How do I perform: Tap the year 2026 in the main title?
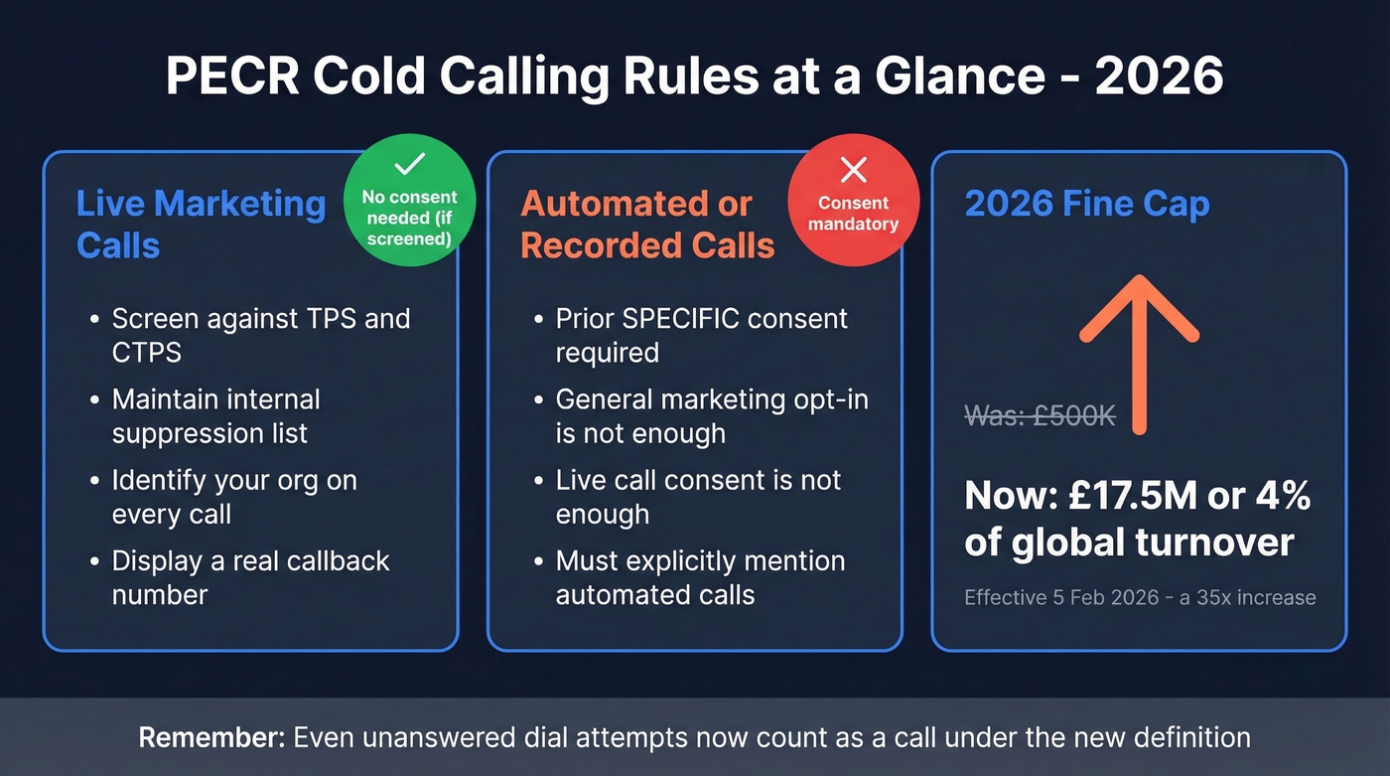(x=1159, y=77)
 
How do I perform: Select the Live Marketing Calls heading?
(x=201, y=224)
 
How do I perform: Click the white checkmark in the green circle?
(x=409, y=165)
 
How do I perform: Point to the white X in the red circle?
(x=853, y=170)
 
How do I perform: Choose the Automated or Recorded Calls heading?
(x=647, y=224)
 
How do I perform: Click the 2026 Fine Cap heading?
(x=1087, y=205)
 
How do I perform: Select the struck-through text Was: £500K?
(x=1040, y=415)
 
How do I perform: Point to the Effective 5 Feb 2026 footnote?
(x=1139, y=597)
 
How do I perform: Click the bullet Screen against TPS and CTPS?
(x=260, y=335)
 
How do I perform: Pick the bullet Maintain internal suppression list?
(x=215, y=415)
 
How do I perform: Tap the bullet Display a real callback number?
(x=250, y=577)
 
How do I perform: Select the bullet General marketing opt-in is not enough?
(x=711, y=415)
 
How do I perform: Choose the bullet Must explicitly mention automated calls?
(x=700, y=577)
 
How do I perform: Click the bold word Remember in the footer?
(x=209, y=737)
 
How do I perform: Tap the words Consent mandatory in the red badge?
(x=853, y=213)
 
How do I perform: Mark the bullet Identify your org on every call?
(x=233, y=497)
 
